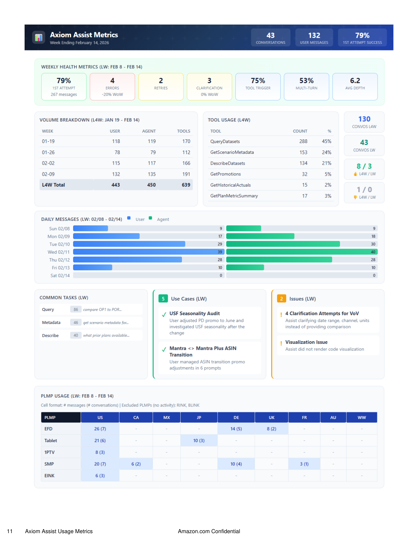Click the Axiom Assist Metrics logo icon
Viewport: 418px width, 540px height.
(x=39, y=38)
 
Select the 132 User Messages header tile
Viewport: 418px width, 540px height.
(x=314, y=38)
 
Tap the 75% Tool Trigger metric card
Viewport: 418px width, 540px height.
(x=258, y=86)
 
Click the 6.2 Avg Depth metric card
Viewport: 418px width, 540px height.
(x=355, y=86)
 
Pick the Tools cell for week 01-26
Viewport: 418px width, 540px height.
(x=186, y=153)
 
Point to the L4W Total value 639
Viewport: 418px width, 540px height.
(x=186, y=185)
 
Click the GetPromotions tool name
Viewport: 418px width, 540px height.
(x=226, y=174)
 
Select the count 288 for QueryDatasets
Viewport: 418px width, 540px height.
(x=303, y=141)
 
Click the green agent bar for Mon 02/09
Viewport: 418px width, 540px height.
(x=260, y=236)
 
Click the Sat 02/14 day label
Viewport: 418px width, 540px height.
(x=60, y=276)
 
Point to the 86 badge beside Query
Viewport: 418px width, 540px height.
(x=76, y=310)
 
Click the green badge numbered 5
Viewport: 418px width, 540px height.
(x=163, y=299)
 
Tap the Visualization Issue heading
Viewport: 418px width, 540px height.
(x=306, y=342)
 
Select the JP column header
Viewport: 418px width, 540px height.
(x=199, y=418)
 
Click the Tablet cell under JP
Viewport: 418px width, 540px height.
(x=199, y=441)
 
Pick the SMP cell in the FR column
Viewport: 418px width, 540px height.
(x=304, y=464)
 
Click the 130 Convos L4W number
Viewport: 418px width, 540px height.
(x=364, y=119)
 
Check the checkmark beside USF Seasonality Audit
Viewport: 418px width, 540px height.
(x=164, y=315)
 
